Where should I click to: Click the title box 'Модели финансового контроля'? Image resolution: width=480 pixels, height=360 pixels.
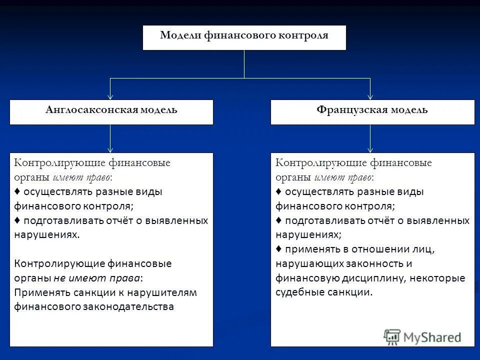(244, 37)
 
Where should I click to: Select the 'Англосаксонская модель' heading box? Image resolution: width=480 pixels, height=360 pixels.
(111, 112)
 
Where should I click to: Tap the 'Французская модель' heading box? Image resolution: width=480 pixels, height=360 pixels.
(372, 112)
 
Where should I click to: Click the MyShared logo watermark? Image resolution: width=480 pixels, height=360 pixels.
(422, 336)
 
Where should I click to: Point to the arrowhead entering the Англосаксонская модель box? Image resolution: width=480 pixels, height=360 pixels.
(110, 96)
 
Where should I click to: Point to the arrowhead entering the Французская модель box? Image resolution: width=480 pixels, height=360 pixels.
(370, 96)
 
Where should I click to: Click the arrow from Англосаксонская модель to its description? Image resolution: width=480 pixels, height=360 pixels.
(110, 138)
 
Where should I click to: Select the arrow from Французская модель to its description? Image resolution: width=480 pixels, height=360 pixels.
(370, 138)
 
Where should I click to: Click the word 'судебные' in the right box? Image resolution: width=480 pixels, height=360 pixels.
(298, 292)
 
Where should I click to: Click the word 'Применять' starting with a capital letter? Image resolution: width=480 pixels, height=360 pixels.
(38, 292)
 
